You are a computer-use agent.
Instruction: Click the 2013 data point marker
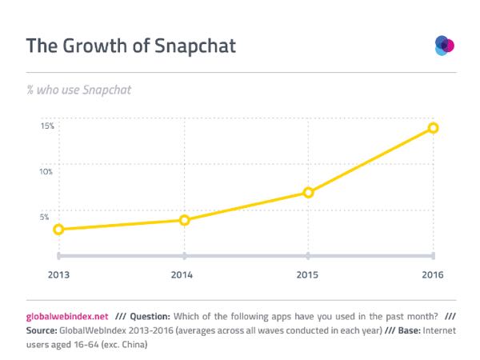click(58, 230)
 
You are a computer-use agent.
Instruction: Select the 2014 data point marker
click(184, 220)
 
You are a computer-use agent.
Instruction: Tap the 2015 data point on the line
click(308, 193)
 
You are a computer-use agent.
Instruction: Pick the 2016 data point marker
click(433, 128)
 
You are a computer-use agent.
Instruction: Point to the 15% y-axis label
click(47, 126)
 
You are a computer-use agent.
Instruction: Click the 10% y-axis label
click(47, 171)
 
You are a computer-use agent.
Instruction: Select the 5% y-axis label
click(49, 216)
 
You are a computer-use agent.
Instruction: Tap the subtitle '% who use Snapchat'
click(78, 90)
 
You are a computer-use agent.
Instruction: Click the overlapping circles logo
click(444, 45)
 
